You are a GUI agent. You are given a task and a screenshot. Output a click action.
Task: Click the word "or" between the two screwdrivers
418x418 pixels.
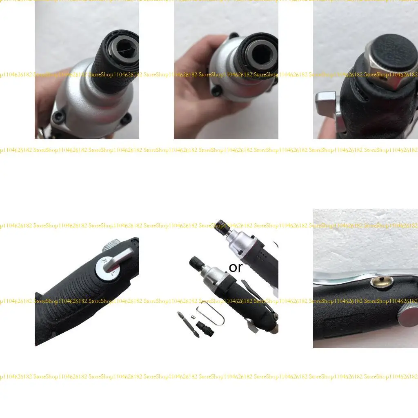click(x=236, y=268)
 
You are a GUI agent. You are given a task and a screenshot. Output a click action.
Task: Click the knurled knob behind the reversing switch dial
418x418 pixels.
click(x=109, y=246)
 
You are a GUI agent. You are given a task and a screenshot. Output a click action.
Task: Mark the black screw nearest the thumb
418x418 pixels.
click(x=216, y=91)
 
